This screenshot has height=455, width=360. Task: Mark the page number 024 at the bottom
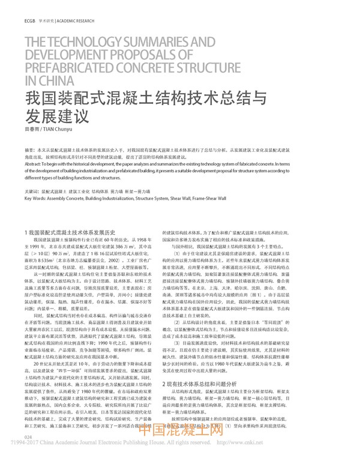click(28, 436)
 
